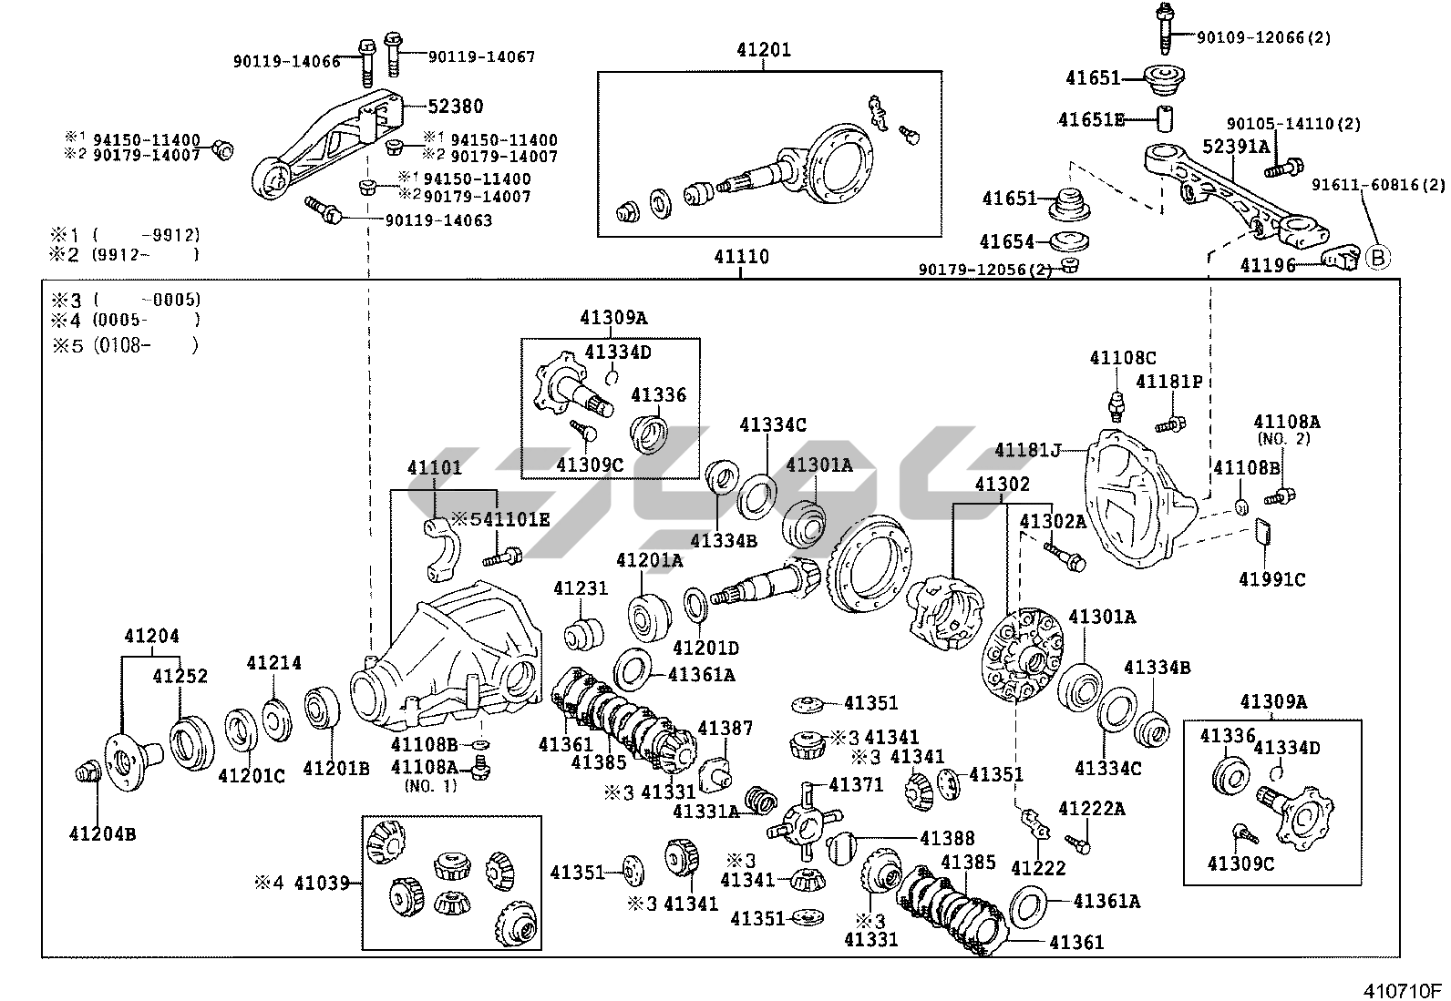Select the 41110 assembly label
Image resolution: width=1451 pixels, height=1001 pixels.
pyautogui.click(x=741, y=258)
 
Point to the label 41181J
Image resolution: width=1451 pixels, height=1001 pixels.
pyautogui.click(x=1028, y=450)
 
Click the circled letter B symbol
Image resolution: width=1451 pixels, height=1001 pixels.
pyautogui.click(x=1378, y=259)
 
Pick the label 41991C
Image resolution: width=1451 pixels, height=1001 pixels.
pyautogui.click(x=1271, y=579)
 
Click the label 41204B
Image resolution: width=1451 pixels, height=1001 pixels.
pyautogui.click(x=102, y=832)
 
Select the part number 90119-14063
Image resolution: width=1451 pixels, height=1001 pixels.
pyautogui.click(x=438, y=220)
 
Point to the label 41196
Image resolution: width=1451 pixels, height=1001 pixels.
pyautogui.click(x=1267, y=265)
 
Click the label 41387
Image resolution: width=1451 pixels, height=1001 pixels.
pyautogui.click(x=725, y=728)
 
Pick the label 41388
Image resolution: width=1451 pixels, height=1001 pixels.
pyautogui.click(x=947, y=839)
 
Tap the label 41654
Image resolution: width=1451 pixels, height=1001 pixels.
pyautogui.click(x=1007, y=241)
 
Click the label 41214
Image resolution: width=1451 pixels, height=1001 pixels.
pyautogui.click(x=273, y=663)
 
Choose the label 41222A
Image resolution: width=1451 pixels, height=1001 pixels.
pyautogui.click(x=1091, y=809)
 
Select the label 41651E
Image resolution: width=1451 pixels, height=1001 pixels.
pyautogui.click(x=1091, y=119)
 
